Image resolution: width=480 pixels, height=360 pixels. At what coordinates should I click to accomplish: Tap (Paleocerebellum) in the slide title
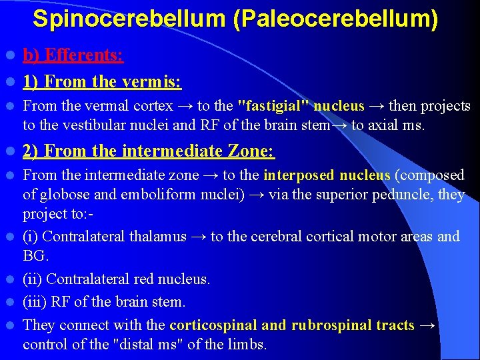point(336,19)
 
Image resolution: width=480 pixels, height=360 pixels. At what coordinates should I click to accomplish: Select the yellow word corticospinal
point(213,325)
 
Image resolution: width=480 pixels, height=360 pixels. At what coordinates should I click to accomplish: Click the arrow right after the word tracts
point(428,325)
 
